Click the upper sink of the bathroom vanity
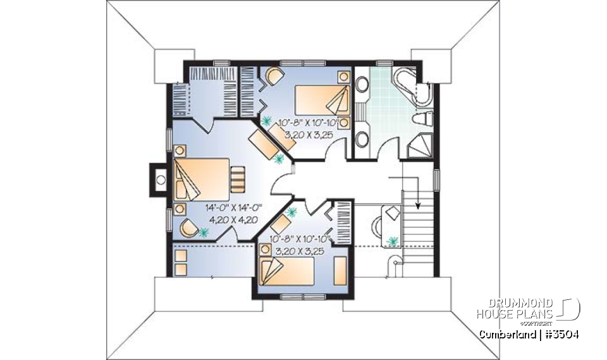pyautogui.click(x=362, y=85)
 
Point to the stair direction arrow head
pyautogui.click(x=418, y=205)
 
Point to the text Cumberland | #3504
pyautogui.click(x=528, y=334)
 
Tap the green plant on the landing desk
pyautogui.click(x=394, y=241)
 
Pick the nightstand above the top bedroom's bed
pyautogui.click(x=343, y=77)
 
